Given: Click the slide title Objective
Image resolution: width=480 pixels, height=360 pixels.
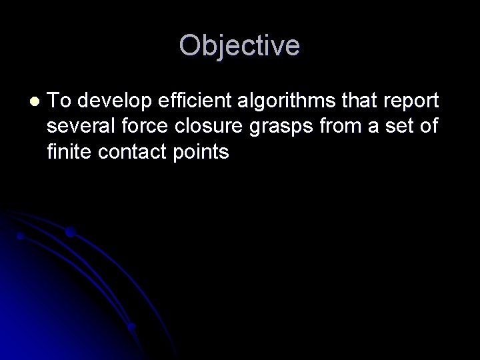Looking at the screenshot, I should tap(239, 46).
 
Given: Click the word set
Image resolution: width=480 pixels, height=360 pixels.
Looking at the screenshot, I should tap(400, 127).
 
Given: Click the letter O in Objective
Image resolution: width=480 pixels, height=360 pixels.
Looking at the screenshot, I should tap(191, 46).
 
